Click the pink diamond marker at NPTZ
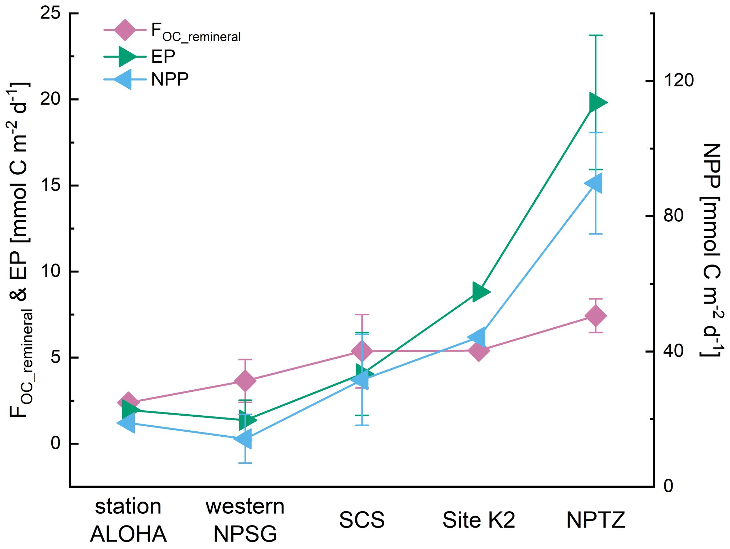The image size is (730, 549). click(596, 315)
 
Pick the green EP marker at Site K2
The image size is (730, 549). click(480, 292)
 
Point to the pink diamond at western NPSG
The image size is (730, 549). click(245, 381)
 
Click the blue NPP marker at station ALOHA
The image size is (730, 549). click(127, 423)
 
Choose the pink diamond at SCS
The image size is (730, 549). click(362, 351)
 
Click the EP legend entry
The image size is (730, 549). click(163, 56)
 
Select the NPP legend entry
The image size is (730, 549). click(170, 79)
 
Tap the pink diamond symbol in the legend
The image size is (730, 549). click(125, 30)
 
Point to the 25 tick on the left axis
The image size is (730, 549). click(50, 14)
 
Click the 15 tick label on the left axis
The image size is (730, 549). click(50, 186)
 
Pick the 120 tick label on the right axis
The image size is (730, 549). click(678, 81)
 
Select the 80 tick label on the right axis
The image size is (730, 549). click(673, 216)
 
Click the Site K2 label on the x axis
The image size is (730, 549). click(479, 520)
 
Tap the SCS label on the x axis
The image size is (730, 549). click(362, 520)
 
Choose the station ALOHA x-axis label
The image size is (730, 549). click(128, 520)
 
